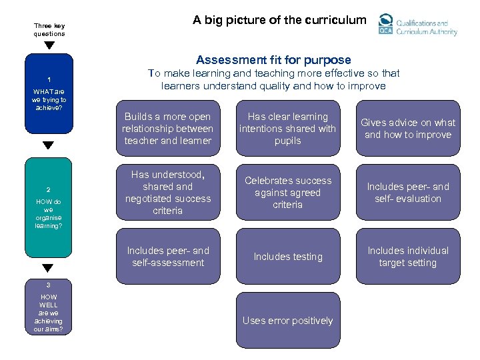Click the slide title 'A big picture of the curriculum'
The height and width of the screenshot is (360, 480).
pos(279,20)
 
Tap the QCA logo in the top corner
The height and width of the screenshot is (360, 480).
pos(417,25)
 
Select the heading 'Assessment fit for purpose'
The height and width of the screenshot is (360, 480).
pos(273,60)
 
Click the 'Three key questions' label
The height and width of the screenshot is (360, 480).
pos(49,30)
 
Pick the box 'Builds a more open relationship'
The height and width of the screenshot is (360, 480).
pos(167,129)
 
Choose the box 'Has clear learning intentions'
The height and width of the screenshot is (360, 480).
pos(288,129)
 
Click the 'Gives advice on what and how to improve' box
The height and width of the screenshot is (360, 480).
pos(408,129)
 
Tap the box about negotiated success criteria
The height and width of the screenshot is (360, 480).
pos(167,193)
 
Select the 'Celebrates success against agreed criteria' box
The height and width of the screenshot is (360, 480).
pos(288,193)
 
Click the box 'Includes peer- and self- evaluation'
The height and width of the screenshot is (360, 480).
pos(408,193)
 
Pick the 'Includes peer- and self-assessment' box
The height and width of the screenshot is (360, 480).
pos(167,257)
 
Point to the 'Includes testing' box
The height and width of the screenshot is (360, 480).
pos(288,257)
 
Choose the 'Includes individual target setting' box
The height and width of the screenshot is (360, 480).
pos(408,257)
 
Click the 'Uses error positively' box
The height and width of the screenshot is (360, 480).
pos(288,321)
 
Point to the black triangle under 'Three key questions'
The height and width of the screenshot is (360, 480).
pos(49,46)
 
